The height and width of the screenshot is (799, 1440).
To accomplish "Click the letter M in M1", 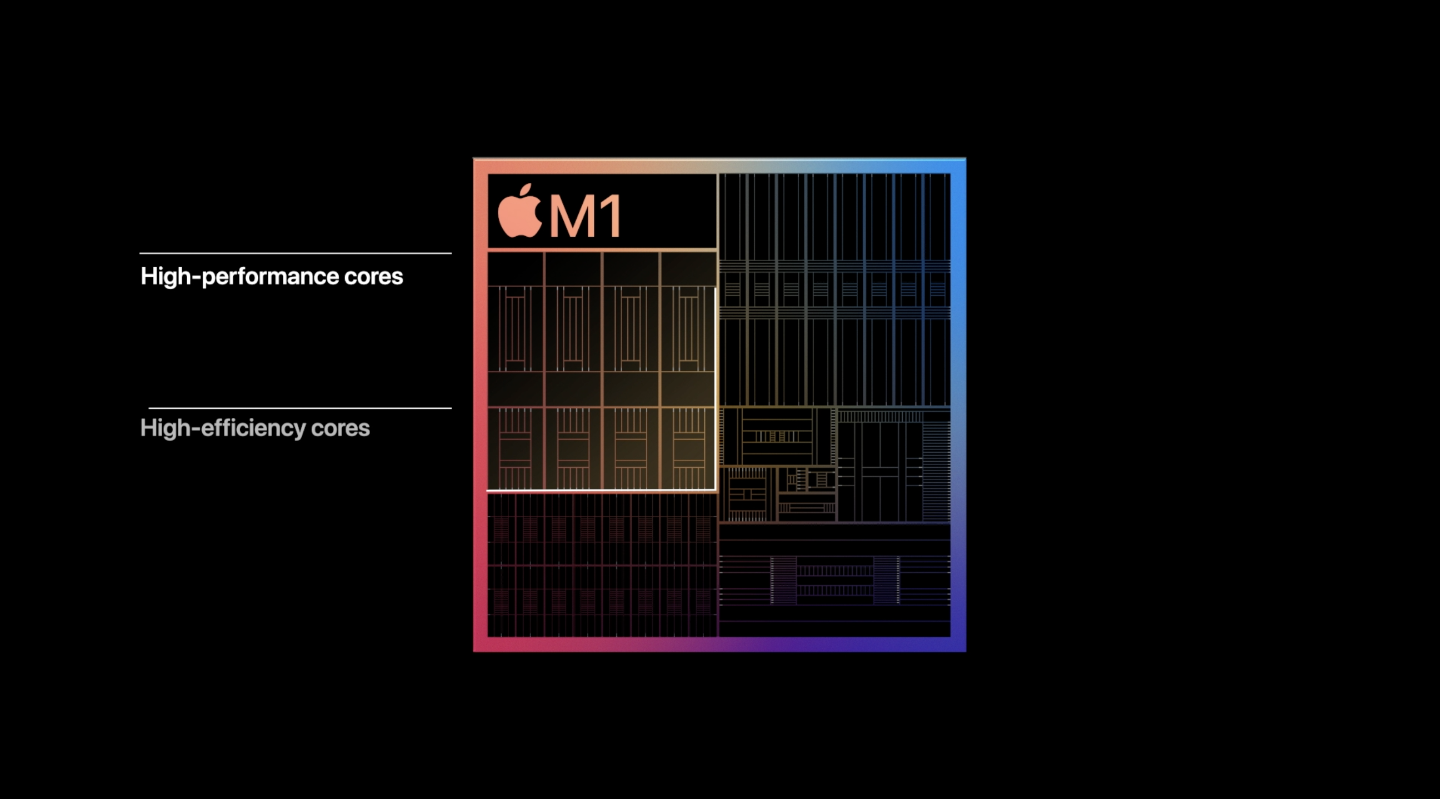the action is tap(574, 216).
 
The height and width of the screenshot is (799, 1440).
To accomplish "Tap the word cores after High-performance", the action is tap(373, 277).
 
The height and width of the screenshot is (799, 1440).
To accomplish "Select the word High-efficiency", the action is tap(222, 428).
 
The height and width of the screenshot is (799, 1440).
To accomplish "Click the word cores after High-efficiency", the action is tap(341, 429).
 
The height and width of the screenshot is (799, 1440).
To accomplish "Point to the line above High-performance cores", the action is tap(296, 253).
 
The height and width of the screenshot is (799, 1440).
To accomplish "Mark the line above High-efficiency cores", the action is tap(300, 408).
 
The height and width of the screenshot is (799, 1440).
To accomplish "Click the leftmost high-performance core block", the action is tap(516, 329).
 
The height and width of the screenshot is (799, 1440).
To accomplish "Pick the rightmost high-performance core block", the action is tap(688, 329).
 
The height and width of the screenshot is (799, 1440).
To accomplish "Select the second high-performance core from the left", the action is tap(573, 329).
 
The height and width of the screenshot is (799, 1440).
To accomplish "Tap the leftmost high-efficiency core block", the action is tap(516, 448).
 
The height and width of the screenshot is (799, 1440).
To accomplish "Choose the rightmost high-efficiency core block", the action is tap(688, 448).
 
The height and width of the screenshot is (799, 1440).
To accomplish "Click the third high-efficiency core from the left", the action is tap(631, 448).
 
